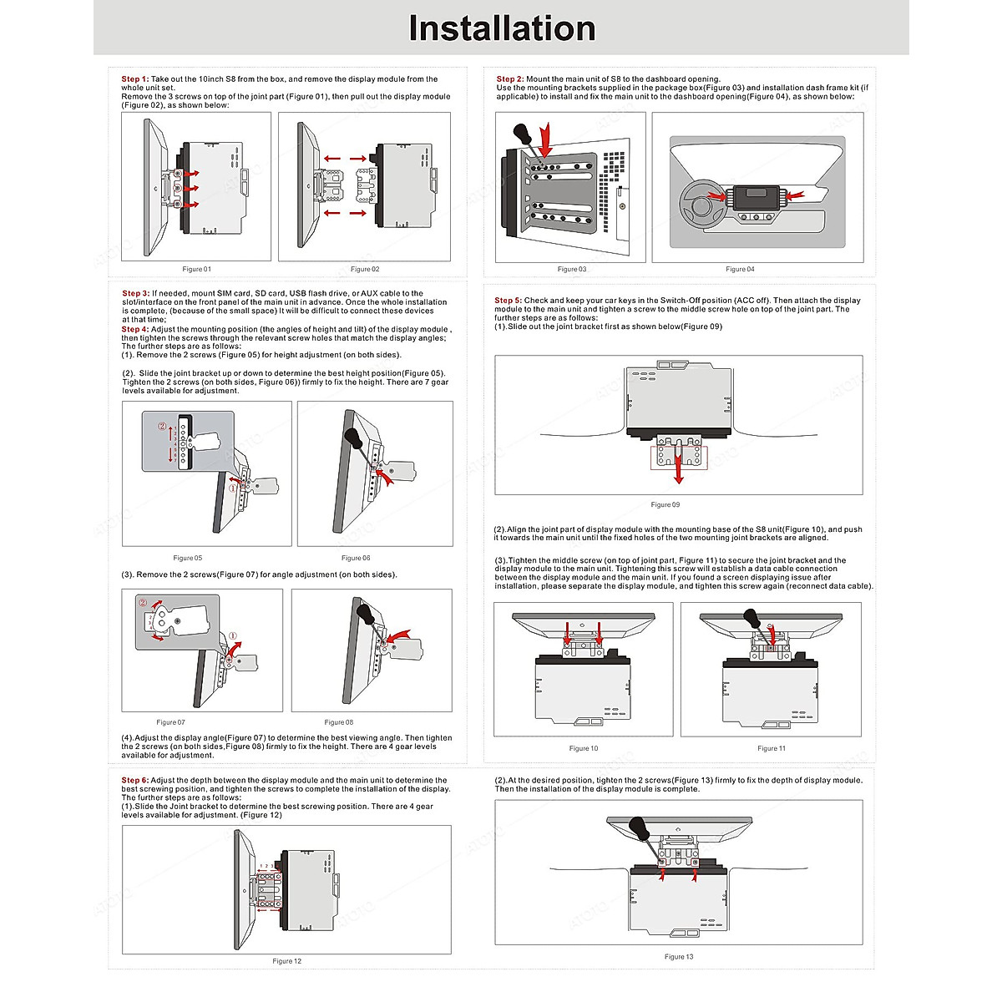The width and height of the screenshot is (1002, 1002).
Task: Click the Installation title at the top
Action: [x=502, y=28]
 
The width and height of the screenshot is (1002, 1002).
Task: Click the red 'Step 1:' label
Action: [x=134, y=79]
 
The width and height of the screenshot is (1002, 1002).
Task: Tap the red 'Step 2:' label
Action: [x=509, y=79]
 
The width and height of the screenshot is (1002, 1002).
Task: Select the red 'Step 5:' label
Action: [x=508, y=301]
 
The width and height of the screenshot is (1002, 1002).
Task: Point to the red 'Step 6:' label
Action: [x=134, y=781]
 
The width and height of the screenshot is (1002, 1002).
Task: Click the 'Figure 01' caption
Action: [x=197, y=269]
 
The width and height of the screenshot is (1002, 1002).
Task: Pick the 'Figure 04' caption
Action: [x=740, y=269]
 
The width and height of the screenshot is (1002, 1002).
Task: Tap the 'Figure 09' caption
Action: [x=665, y=504]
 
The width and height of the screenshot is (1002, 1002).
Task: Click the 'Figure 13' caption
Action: [x=679, y=957]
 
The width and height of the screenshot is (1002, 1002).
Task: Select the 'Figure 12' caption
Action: [x=287, y=961]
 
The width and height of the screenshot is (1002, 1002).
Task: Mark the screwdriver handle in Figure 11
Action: [x=751, y=619]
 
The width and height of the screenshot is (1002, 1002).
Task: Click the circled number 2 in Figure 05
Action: [x=162, y=426]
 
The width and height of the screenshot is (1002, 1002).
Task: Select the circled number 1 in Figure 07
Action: [x=233, y=635]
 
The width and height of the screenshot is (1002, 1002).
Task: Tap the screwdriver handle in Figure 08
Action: [x=365, y=612]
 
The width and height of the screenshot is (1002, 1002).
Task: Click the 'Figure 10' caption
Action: [x=584, y=748]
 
